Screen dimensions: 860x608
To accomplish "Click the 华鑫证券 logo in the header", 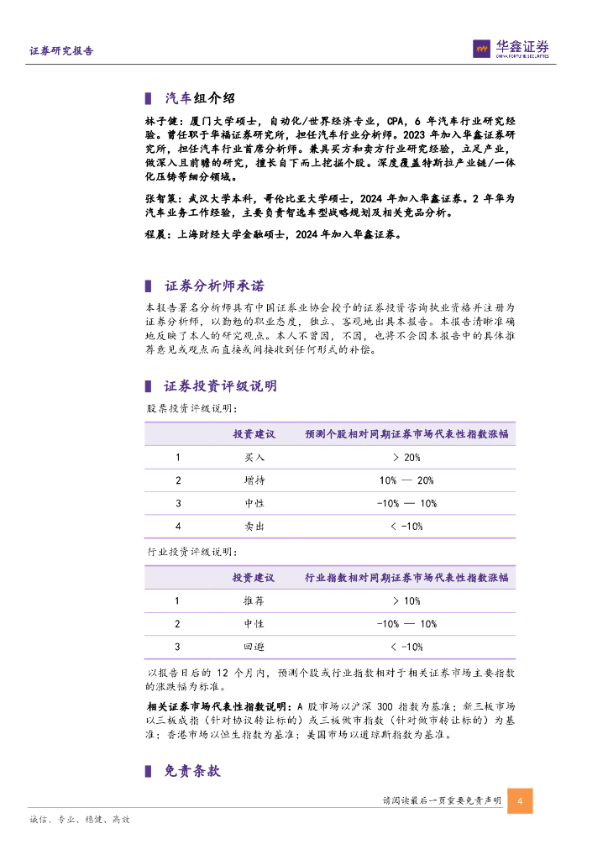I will [x=510, y=50].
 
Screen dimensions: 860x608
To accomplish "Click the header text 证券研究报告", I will [x=62, y=50].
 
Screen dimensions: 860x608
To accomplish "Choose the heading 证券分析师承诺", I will [x=214, y=287].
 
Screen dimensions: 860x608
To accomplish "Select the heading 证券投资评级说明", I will [x=220, y=386].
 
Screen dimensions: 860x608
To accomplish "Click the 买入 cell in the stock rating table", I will [x=254, y=458].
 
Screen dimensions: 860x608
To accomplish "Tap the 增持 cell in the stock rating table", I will [x=254, y=480].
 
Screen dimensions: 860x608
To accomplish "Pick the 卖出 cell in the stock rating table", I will [x=254, y=526].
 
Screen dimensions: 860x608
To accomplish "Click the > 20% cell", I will [x=406, y=458].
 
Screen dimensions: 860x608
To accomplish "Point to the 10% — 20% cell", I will [x=406, y=480].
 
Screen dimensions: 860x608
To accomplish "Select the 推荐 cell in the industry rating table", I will [x=254, y=601].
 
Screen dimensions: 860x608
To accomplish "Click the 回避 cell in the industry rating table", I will [x=254, y=647].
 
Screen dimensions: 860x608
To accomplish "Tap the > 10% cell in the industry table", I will [x=406, y=601].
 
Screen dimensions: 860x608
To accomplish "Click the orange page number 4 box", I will [x=520, y=801].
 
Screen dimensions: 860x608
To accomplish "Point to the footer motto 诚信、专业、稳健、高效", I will [x=79, y=820].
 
